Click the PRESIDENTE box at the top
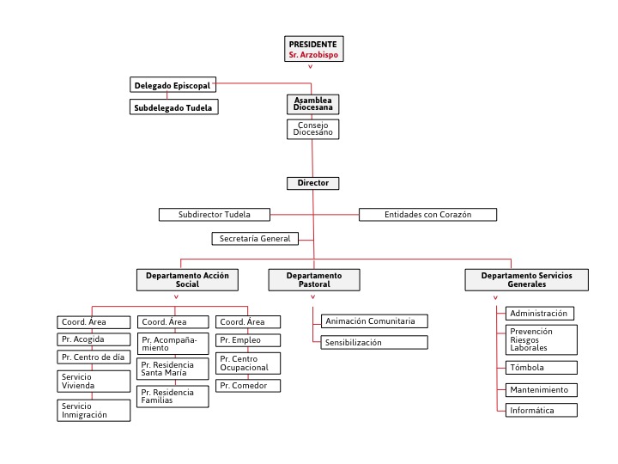[x=314, y=49]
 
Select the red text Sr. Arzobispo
[x=313, y=55]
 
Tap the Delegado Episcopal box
[x=173, y=85]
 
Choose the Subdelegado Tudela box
[x=173, y=107]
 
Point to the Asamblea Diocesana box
[x=313, y=104]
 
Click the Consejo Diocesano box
[x=313, y=129]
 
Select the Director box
[x=313, y=183]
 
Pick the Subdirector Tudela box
[x=215, y=215]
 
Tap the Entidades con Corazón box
[x=427, y=215]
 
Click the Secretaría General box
[x=255, y=239]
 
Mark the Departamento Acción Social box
[x=187, y=280]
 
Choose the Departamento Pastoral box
[x=314, y=280]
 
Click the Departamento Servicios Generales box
[x=526, y=280]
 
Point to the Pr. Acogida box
[x=94, y=339]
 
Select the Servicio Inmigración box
[x=94, y=411]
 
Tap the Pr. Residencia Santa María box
[x=173, y=369]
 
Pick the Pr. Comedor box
[x=248, y=386]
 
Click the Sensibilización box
[x=374, y=343]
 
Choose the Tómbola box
[x=541, y=368]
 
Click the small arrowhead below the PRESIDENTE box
[x=311, y=67]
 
